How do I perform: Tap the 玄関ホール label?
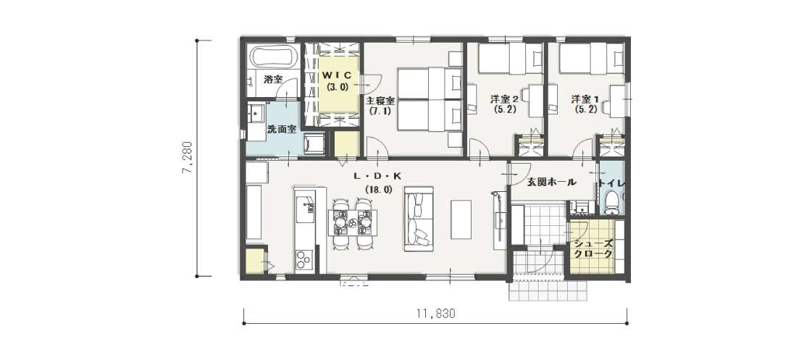(x=551, y=183)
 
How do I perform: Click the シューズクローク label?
(x=593, y=249)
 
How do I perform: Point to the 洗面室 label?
(x=281, y=130)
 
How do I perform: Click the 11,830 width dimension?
(x=435, y=314)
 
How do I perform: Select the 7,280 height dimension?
(x=187, y=158)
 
